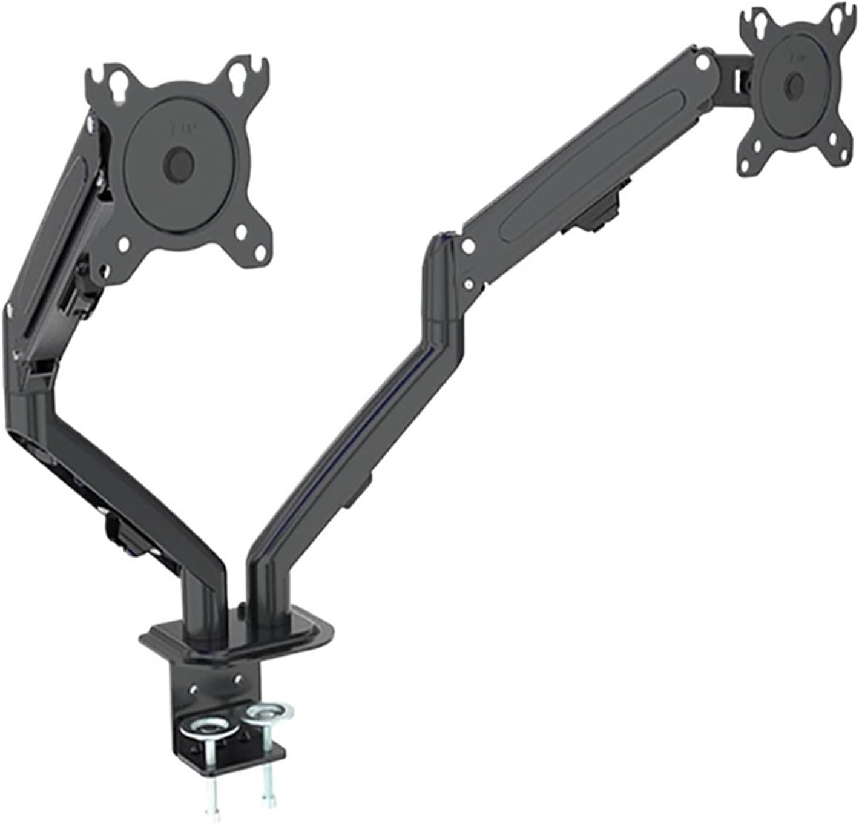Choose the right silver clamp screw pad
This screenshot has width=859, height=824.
(267, 712)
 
